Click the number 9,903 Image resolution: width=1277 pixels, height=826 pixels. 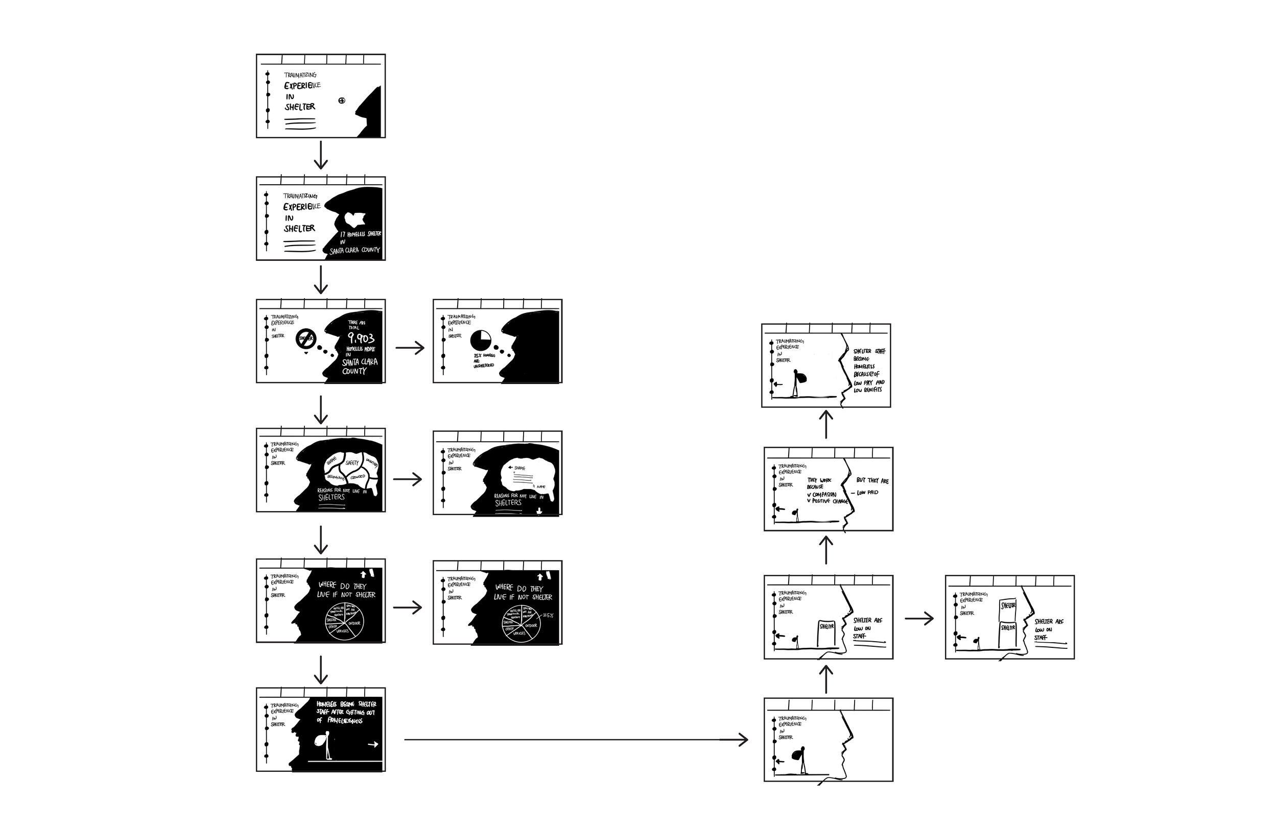click(361, 338)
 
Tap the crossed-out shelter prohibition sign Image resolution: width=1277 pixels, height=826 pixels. click(306, 338)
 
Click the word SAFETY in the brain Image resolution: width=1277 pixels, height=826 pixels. click(352, 463)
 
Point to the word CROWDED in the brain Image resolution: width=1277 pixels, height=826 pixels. click(358, 476)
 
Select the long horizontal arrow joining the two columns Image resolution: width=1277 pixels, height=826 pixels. click(575, 740)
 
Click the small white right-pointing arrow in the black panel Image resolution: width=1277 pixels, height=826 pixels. click(373, 744)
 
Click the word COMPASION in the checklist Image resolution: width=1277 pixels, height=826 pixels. click(824, 495)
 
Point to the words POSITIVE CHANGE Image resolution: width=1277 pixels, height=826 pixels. click(830, 501)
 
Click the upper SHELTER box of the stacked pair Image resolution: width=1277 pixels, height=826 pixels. click(1008, 605)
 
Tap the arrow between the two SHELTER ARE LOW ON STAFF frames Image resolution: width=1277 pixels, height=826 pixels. click(919, 618)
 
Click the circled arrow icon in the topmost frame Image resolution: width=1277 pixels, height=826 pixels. click(342, 100)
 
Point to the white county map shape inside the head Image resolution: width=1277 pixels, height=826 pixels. click(354, 218)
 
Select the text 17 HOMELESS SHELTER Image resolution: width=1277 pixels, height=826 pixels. click(361, 234)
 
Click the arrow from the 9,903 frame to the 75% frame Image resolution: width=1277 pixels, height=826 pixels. click(410, 348)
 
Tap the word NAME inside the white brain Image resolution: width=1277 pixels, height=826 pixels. click(541, 487)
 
